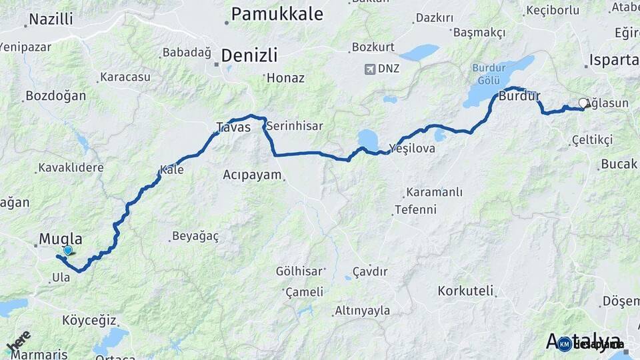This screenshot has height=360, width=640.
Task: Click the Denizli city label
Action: (x=249, y=55)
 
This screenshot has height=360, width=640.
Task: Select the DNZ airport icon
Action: (x=371, y=69)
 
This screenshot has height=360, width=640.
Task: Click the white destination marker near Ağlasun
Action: (x=583, y=103)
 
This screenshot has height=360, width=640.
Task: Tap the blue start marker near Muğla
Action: (x=67, y=251)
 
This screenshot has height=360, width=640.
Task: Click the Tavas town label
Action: (x=233, y=127)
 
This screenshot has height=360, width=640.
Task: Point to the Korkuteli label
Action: (x=465, y=291)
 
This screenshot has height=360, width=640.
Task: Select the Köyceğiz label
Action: (x=89, y=320)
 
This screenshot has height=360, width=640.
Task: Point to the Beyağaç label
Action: (x=195, y=236)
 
